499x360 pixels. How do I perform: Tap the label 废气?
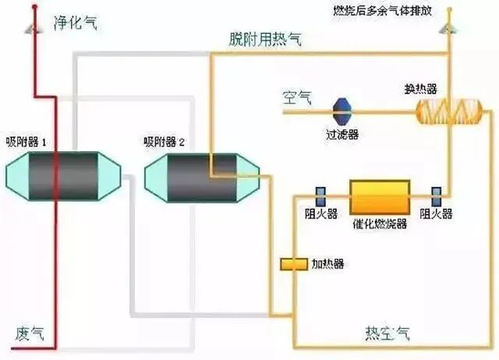[x=30, y=333]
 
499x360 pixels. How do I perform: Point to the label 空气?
[x=297, y=97]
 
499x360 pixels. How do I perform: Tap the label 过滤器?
[x=342, y=135]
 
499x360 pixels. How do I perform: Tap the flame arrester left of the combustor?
[x=320, y=194]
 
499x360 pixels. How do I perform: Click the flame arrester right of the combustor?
[x=436, y=194]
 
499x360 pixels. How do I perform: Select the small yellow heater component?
[x=295, y=264]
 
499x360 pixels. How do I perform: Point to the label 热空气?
[x=387, y=333]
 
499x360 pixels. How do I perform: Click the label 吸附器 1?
[x=28, y=143]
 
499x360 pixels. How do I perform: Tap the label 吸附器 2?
[x=165, y=143]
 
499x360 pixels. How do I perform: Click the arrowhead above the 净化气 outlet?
[x=33, y=28]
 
